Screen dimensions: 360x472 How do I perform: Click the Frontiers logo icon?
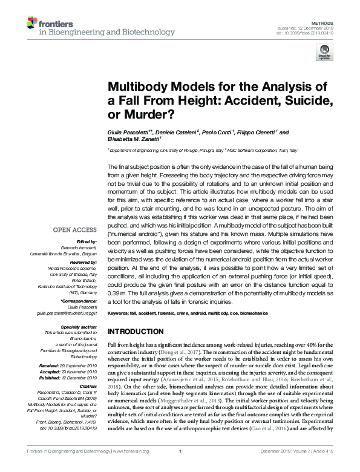[33, 23]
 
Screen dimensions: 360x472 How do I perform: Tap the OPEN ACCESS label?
[75, 230]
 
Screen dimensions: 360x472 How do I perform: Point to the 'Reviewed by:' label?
[81, 263]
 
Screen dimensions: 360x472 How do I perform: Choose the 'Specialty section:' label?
[75, 326]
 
